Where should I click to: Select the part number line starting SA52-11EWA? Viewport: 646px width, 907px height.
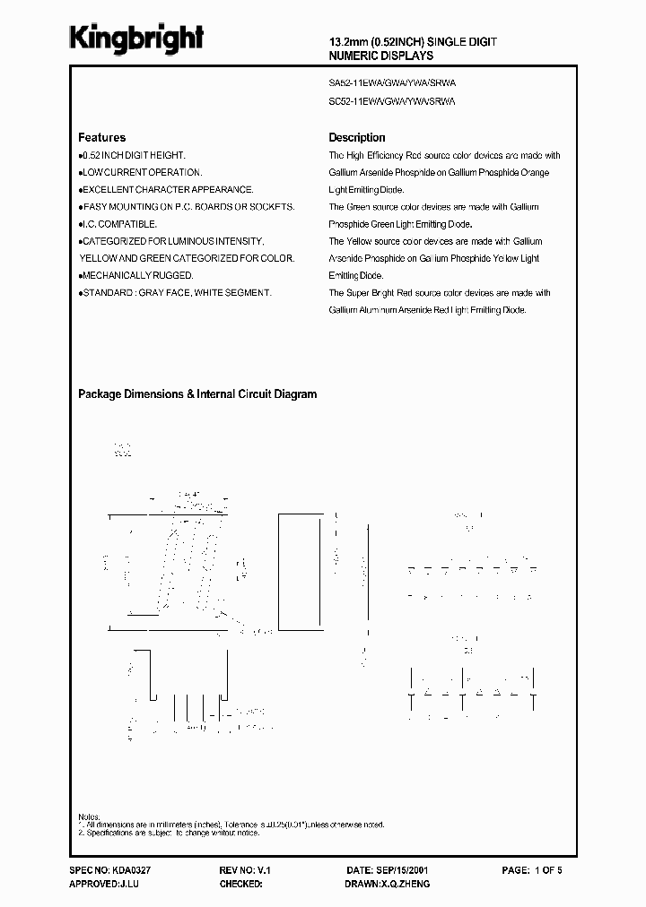[x=392, y=82]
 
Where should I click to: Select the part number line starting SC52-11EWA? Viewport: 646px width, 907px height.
[x=392, y=102]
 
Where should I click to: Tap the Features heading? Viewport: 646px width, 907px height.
[x=102, y=138]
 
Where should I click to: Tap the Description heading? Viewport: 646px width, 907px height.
[x=357, y=138]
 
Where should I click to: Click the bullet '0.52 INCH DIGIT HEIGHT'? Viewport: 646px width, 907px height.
[x=134, y=155]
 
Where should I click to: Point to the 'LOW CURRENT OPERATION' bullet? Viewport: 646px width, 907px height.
[x=142, y=172]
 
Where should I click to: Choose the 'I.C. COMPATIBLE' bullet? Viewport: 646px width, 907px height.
[x=120, y=224]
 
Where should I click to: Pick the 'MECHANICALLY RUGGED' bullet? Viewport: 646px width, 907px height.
[x=138, y=276]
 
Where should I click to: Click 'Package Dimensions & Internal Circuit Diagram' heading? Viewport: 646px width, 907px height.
[x=197, y=394]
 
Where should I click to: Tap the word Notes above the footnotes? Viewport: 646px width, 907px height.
[x=89, y=817]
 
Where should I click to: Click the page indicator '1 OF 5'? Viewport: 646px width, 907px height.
[x=550, y=870]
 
